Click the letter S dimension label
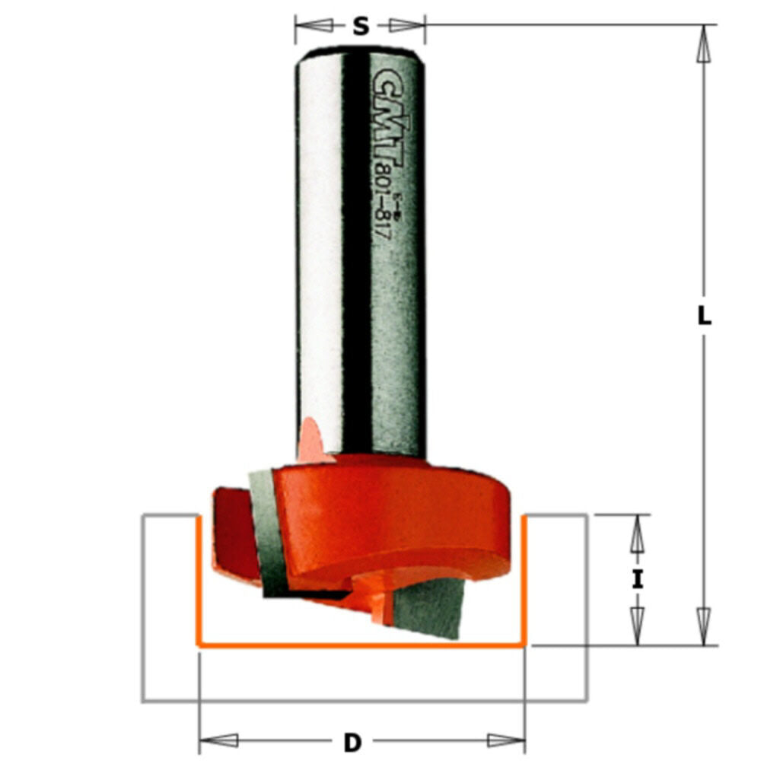coord(360,27)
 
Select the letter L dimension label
coord(705,316)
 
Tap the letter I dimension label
coord(637,580)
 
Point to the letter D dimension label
coord(352,740)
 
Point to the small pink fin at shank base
coord(313,441)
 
